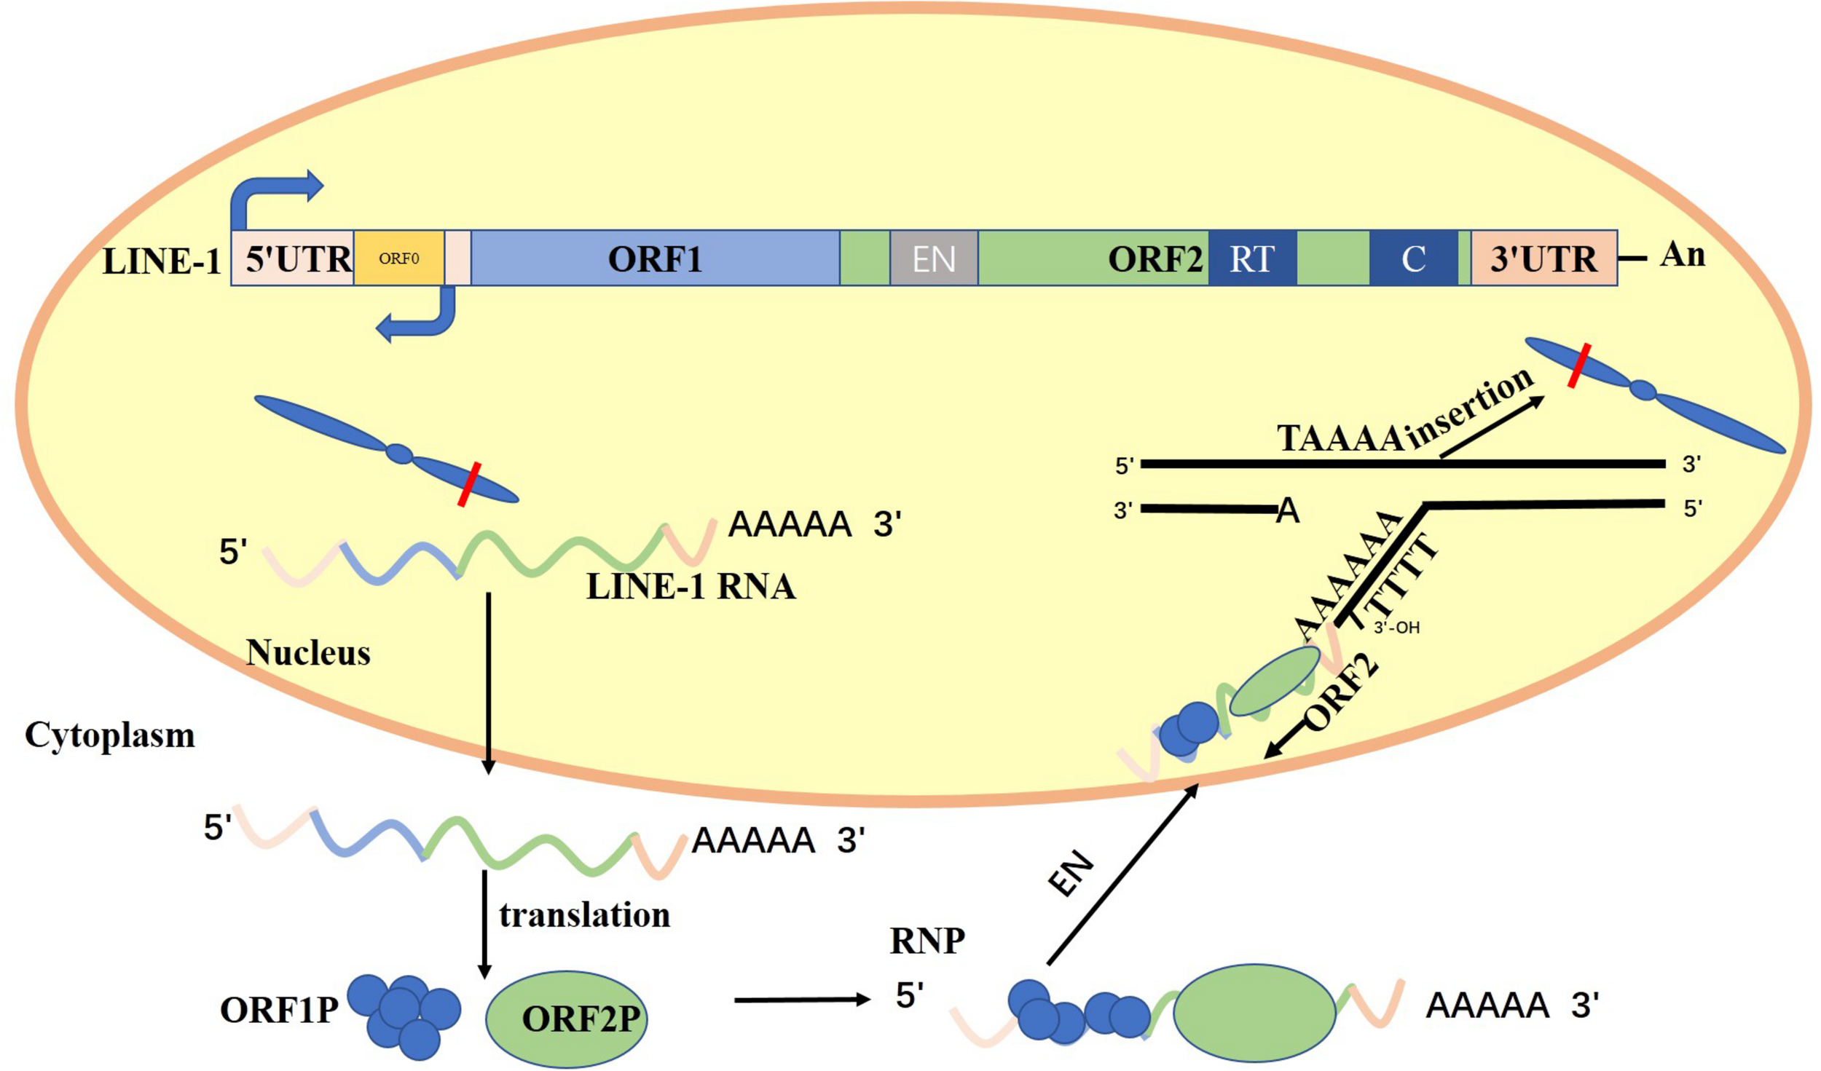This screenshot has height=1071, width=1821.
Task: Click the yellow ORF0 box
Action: coord(398,258)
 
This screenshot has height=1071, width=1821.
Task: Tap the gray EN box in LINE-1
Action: coord(933,258)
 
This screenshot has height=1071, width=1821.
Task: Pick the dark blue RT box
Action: coord(1251,258)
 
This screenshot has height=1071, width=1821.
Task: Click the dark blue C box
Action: coord(1412,258)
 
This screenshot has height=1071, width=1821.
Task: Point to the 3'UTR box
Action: coord(1543,258)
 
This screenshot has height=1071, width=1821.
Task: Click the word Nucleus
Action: coord(308,652)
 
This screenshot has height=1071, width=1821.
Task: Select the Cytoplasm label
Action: coord(110,735)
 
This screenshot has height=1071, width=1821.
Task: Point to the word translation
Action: coord(584,915)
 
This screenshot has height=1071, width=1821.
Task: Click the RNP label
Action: coord(927,941)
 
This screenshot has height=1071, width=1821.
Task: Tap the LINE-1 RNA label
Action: coord(690,587)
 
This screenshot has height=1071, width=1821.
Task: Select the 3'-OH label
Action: coord(1396,628)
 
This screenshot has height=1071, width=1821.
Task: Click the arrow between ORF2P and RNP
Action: coord(801,1000)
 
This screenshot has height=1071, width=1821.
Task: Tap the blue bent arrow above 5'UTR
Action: coord(270,193)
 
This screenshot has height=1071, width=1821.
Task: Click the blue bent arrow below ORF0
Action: coord(422,320)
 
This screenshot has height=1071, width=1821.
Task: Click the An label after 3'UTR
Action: coord(1682,254)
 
